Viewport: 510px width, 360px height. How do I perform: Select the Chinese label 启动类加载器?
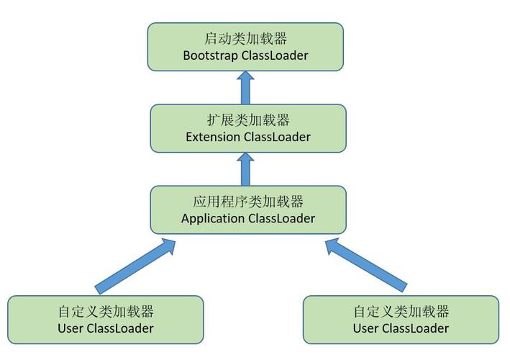pyautogui.click(x=245, y=38)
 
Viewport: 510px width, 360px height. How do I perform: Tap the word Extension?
pyautogui.click(x=213, y=137)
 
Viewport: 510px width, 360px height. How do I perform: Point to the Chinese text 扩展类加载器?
pyautogui.click(x=248, y=120)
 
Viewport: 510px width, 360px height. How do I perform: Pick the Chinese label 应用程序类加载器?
pyautogui.click(x=248, y=202)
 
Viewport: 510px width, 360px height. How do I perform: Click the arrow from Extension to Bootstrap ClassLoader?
pyautogui.click(x=245, y=88)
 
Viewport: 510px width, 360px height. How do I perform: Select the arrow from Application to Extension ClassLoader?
pyautogui.click(x=245, y=169)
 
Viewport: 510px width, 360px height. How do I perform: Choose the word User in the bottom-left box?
pyautogui.click(x=70, y=328)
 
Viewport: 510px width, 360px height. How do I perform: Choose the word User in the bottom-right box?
pyautogui.click(x=366, y=328)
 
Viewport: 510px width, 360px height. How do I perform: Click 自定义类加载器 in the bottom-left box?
pyautogui.click(x=106, y=312)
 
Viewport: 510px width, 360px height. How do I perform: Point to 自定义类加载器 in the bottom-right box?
pyautogui.click(x=401, y=312)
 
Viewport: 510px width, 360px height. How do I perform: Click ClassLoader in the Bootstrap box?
pyautogui.click(x=275, y=55)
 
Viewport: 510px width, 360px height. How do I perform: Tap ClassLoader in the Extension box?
pyautogui.click(x=277, y=137)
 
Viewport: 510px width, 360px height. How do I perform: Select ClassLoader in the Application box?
pyautogui.click(x=282, y=218)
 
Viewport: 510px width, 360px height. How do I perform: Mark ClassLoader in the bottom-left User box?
pyautogui.click(x=120, y=328)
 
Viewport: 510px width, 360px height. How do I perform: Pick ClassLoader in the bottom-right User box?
pyautogui.click(x=415, y=328)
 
